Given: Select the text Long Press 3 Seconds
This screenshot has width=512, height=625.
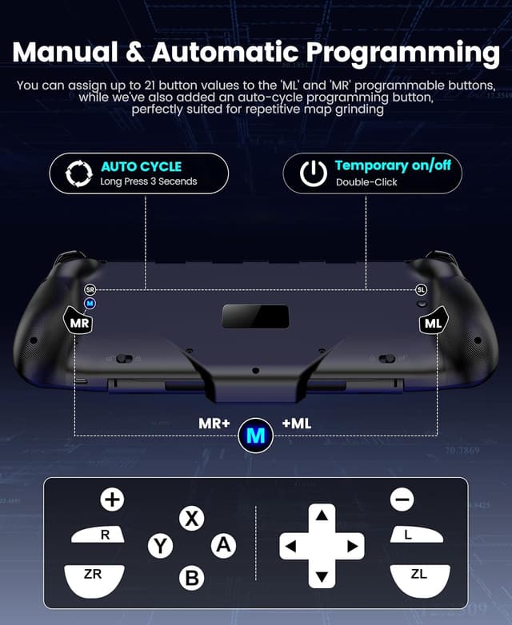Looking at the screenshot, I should (x=148, y=182).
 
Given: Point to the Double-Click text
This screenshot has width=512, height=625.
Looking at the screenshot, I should (x=366, y=182).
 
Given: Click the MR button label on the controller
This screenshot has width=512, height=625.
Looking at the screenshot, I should (x=79, y=324).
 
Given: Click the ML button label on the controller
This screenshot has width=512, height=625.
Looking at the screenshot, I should (x=433, y=324).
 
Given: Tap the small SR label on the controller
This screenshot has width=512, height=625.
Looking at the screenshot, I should (x=90, y=290).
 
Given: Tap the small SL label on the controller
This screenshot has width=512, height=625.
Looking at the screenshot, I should (x=421, y=290).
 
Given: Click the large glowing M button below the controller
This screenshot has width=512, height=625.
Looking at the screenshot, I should (x=256, y=436).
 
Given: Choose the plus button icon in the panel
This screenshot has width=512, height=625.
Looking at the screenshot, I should (x=112, y=500).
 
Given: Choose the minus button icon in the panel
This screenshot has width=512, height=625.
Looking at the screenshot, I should (x=402, y=500).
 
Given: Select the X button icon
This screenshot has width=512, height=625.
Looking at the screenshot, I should (x=191, y=518).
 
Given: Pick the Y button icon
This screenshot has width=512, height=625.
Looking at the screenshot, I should (x=160, y=546).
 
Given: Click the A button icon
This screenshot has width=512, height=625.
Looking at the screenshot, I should (x=223, y=546).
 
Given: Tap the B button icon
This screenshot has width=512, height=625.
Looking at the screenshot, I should (x=191, y=578).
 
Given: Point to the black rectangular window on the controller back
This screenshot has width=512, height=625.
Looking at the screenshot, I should (x=255, y=315).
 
